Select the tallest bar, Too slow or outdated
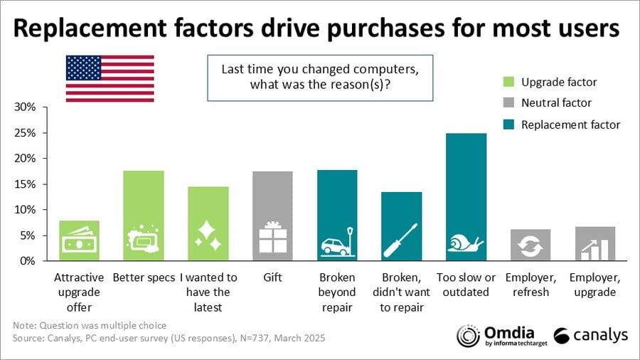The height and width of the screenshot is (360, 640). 466,196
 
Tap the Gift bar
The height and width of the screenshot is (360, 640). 272,216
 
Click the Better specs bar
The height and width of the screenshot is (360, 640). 144,216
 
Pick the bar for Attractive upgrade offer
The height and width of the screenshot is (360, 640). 79,240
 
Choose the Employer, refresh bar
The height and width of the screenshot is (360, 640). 530,245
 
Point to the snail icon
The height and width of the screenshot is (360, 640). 466,244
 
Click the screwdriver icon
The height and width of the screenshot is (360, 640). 401,240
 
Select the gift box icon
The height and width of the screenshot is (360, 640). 272,238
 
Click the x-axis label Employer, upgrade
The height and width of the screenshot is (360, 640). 596,285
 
